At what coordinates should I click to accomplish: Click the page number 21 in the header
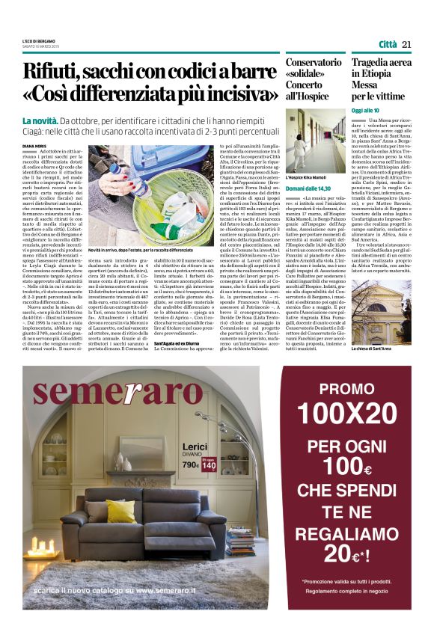[407, 44]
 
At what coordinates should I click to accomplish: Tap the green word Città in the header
[387, 44]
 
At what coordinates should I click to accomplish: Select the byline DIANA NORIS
[34, 147]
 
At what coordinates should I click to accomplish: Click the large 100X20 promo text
[357, 412]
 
